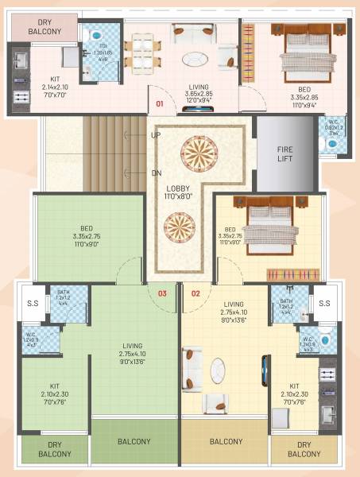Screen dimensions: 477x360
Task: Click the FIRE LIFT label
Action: [x=285, y=154]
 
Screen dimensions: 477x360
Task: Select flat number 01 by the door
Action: [x=160, y=103]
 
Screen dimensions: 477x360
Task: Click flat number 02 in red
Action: [x=195, y=293]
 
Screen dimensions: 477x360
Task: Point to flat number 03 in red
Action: [x=162, y=293]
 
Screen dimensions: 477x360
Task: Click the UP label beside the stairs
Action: [x=156, y=135]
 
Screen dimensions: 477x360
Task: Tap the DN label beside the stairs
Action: [x=156, y=173]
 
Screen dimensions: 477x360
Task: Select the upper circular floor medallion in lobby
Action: [x=196, y=151]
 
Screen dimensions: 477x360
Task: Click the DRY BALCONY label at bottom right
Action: [x=304, y=449]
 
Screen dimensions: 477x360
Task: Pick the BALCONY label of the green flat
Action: [x=135, y=441]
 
